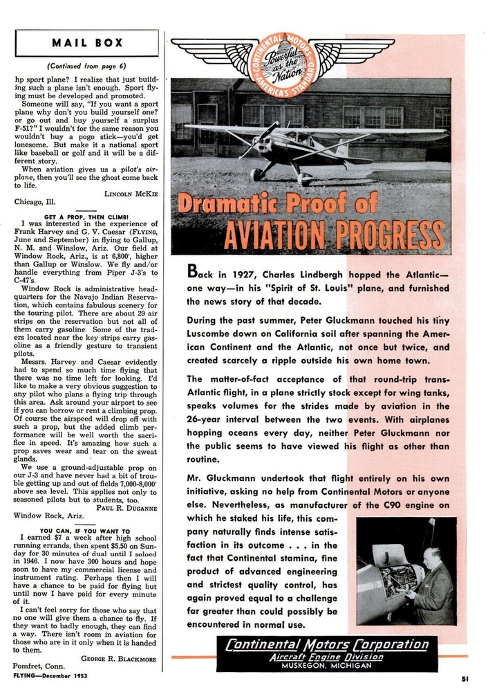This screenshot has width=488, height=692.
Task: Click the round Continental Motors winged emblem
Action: [282, 58]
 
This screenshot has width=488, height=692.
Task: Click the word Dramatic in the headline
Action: [232, 203]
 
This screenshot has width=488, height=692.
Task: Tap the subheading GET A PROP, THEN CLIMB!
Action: [86, 216]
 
